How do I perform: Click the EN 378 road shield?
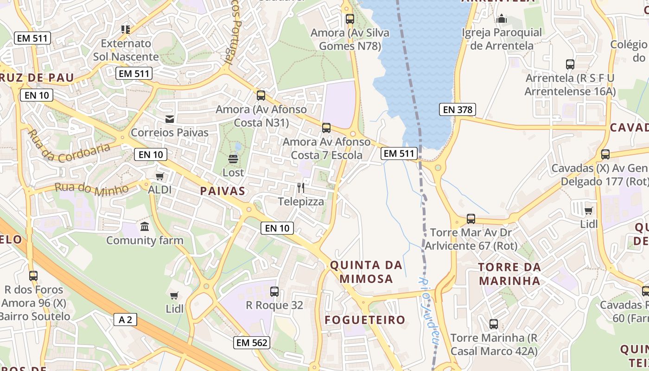point(458,109)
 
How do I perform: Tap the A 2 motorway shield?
point(125,320)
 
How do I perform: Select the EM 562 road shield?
point(252,343)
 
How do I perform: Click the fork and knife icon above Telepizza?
point(301,188)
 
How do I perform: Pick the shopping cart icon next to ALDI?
point(160,176)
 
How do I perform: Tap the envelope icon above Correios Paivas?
point(170,119)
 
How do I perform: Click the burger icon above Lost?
point(233,160)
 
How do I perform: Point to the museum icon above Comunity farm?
point(145,227)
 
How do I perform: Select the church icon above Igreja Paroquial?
point(502,19)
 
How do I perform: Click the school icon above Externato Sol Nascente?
point(126,30)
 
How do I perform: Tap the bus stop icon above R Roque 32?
point(274,292)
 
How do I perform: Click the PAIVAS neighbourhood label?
point(223,191)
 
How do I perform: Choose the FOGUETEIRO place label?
point(365,320)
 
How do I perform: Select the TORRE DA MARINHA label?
point(509,274)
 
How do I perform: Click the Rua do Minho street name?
point(92,189)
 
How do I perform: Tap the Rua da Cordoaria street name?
point(69,147)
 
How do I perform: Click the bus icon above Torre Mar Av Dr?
point(471,219)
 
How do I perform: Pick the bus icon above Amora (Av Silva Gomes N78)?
point(350,19)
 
